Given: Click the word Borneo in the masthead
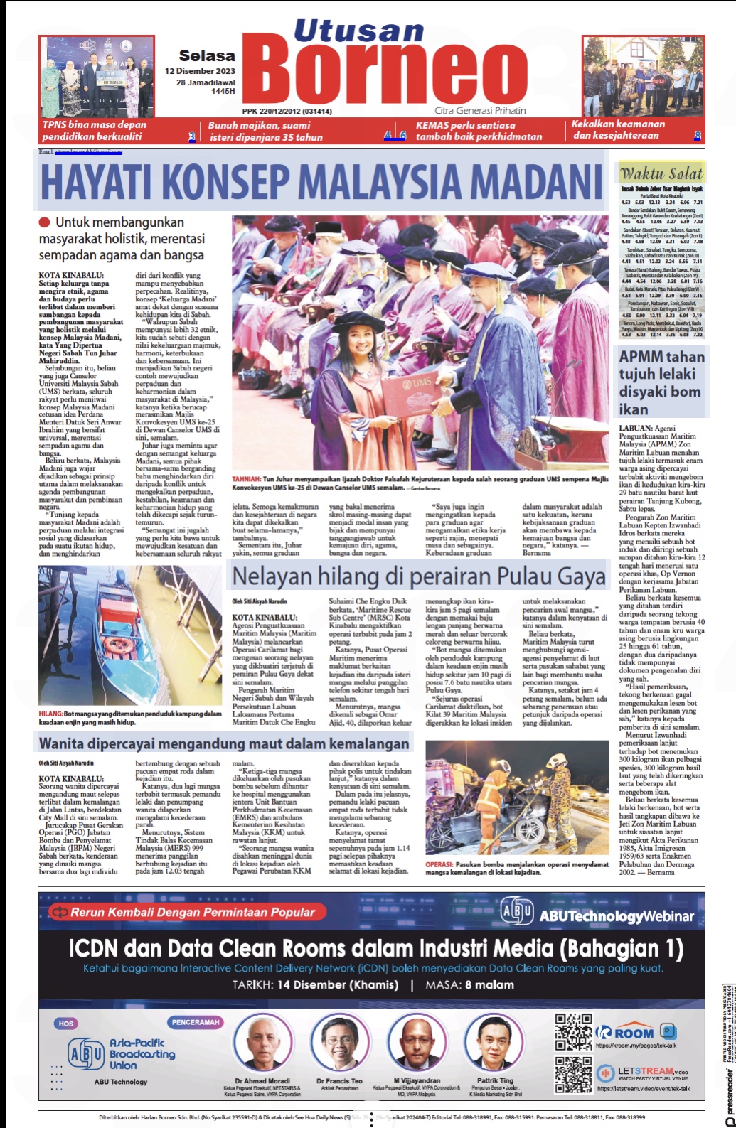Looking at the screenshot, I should pyautogui.click(x=390, y=71).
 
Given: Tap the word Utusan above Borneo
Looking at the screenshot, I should pyautogui.click(x=358, y=31).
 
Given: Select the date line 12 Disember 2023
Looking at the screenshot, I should pyautogui.click(x=200, y=71).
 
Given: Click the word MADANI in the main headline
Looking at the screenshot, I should pyautogui.click(x=525, y=181).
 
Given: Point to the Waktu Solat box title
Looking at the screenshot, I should pyautogui.click(x=661, y=173).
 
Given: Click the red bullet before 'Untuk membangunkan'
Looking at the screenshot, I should pyautogui.click(x=45, y=222).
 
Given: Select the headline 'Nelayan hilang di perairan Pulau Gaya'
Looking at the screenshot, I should pyautogui.click(x=419, y=576).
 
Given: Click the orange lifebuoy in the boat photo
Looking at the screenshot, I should pyautogui.click(x=117, y=645).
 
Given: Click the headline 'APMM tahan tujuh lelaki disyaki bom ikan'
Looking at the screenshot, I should pyautogui.click(x=661, y=382).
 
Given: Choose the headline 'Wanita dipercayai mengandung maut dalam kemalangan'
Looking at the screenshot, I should pyautogui.click(x=224, y=743).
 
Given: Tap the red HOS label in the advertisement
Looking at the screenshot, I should pyautogui.click(x=66, y=1024).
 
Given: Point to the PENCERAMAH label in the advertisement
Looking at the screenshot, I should pyautogui.click(x=196, y=1022).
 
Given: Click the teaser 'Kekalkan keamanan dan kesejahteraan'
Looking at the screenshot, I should pyautogui.click(x=619, y=129).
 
